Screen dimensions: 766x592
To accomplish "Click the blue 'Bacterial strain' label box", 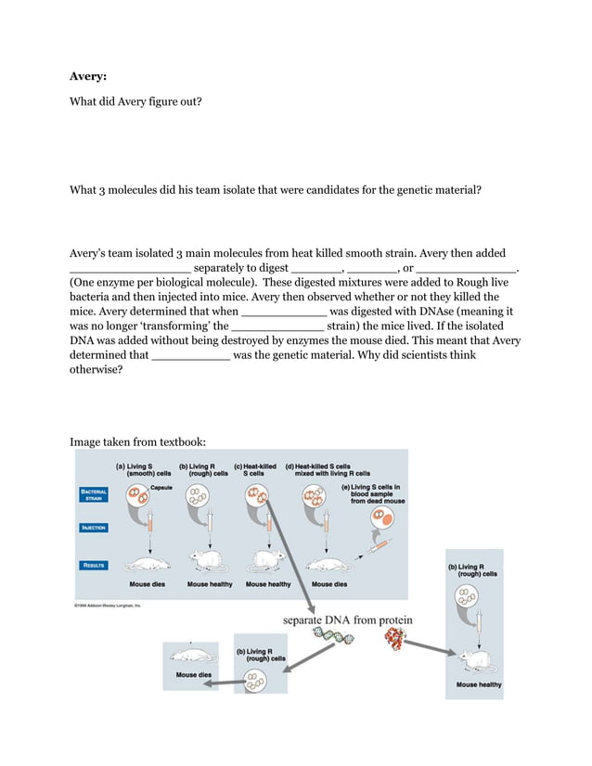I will [93, 494].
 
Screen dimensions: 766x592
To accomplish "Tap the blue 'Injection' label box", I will [94, 528].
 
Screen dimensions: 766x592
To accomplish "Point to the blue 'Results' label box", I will [94, 564].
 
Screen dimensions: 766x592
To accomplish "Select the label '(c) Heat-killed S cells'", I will [255, 469].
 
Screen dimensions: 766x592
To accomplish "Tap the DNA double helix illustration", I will [333, 637].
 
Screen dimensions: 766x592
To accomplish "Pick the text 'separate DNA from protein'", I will [348, 619].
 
